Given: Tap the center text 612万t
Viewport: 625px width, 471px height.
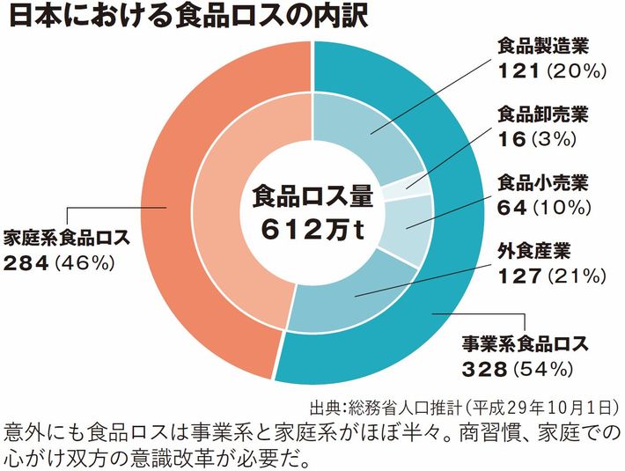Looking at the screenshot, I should [x=313, y=228].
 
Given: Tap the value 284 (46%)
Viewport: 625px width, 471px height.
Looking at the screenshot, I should [x=59, y=262].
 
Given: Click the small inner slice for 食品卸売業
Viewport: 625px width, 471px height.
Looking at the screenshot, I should [x=417, y=182].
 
